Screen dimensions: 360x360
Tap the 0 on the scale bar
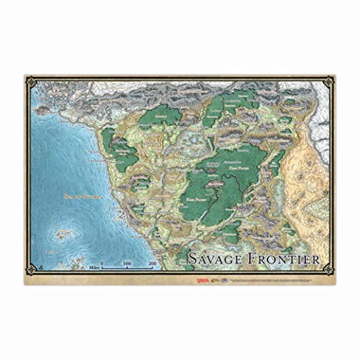pos(102,264)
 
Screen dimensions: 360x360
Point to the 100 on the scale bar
pos(127,264)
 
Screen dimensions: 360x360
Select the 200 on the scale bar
pos(152,264)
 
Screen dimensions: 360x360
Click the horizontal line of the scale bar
pos(127,268)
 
